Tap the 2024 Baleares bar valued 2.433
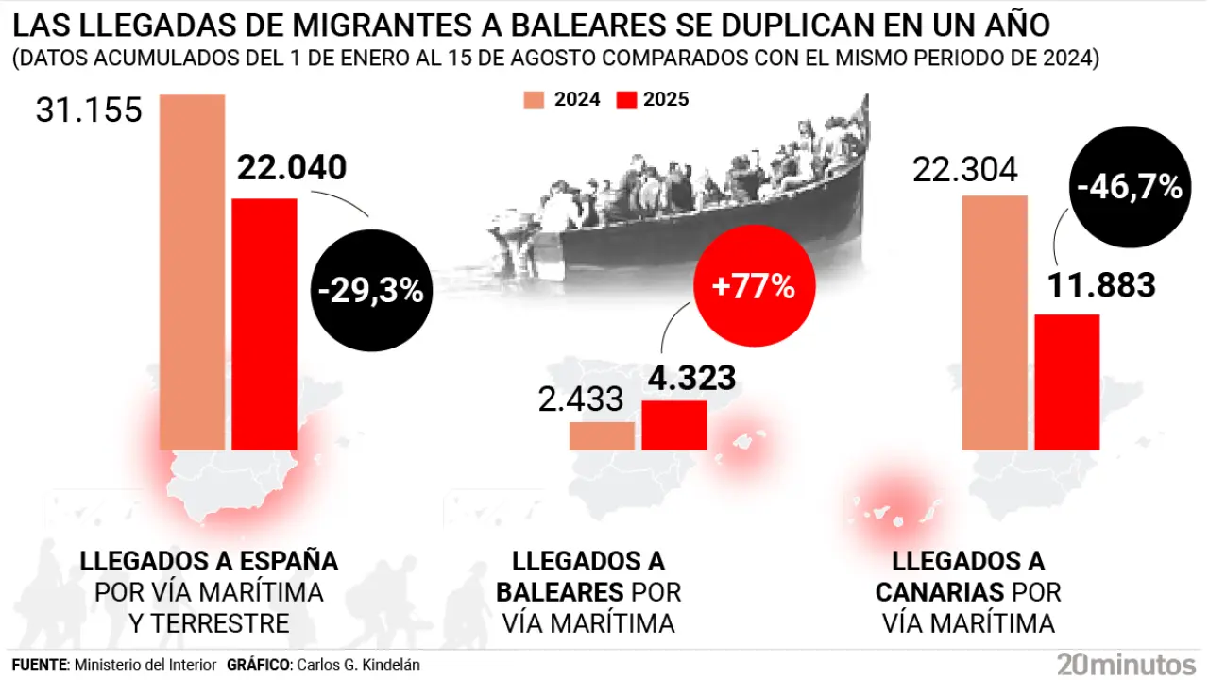point(602,435)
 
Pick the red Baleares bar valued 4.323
point(674,425)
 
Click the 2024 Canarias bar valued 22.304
point(994,322)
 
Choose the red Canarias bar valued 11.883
point(1067,382)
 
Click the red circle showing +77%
point(753,286)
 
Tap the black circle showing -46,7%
point(1130,187)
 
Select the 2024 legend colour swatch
point(535,99)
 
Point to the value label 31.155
point(89,111)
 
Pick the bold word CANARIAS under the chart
point(939,592)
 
